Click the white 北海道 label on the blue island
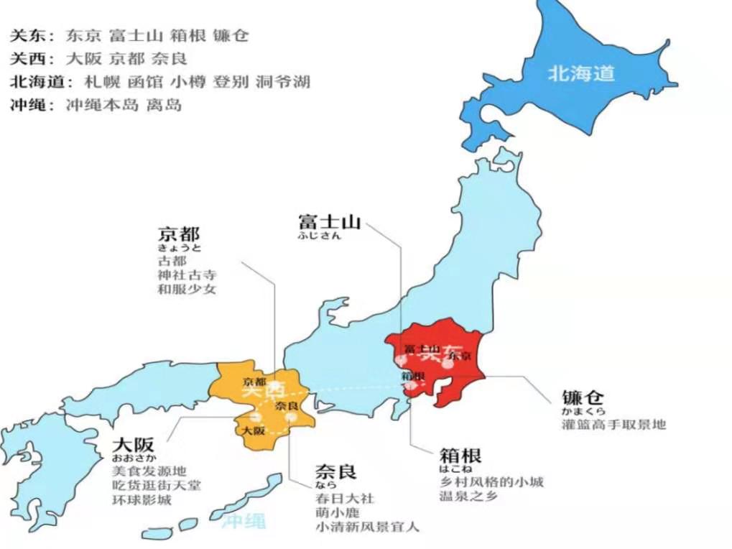[582, 73]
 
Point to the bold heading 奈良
[335, 472]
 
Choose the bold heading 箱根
[460, 455]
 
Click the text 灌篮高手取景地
[613, 424]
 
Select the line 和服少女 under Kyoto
[186, 289]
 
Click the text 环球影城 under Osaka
[142, 499]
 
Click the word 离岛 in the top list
[164, 105]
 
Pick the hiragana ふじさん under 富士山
[320, 236]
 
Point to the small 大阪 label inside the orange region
[253, 431]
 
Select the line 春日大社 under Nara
[345, 498]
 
